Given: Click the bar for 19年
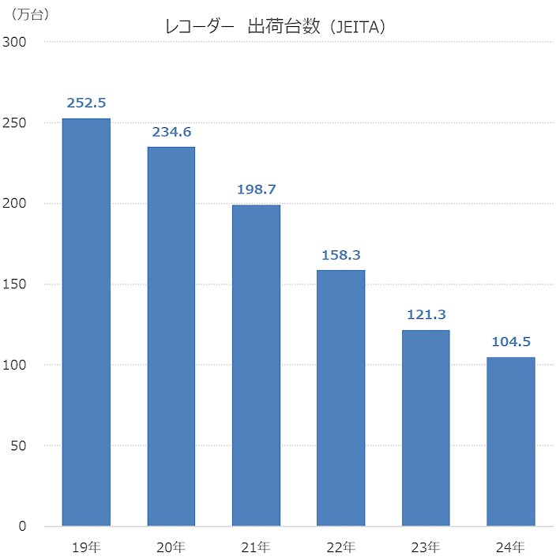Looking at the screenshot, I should click(x=86, y=322).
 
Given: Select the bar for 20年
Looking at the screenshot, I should click(x=171, y=336).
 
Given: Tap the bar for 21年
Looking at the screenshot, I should click(x=256, y=365).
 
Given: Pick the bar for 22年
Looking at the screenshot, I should click(x=340, y=398).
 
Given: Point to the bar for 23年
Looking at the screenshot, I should click(x=426, y=428).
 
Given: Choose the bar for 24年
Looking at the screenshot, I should click(x=510, y=442).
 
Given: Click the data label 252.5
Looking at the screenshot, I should click(x=86, y=103).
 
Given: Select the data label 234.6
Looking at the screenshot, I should click(x=171, y=132).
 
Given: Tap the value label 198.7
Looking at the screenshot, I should click(x=256, y=190).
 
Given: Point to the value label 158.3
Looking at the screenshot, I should click(x=340, y=255).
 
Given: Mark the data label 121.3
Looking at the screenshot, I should click(x=426, y=315).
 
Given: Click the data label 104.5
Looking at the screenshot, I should click(x=510, y=342).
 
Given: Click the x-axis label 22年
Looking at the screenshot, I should click(x=340, y=546).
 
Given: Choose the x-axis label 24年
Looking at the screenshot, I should click(x=510, y=546).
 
